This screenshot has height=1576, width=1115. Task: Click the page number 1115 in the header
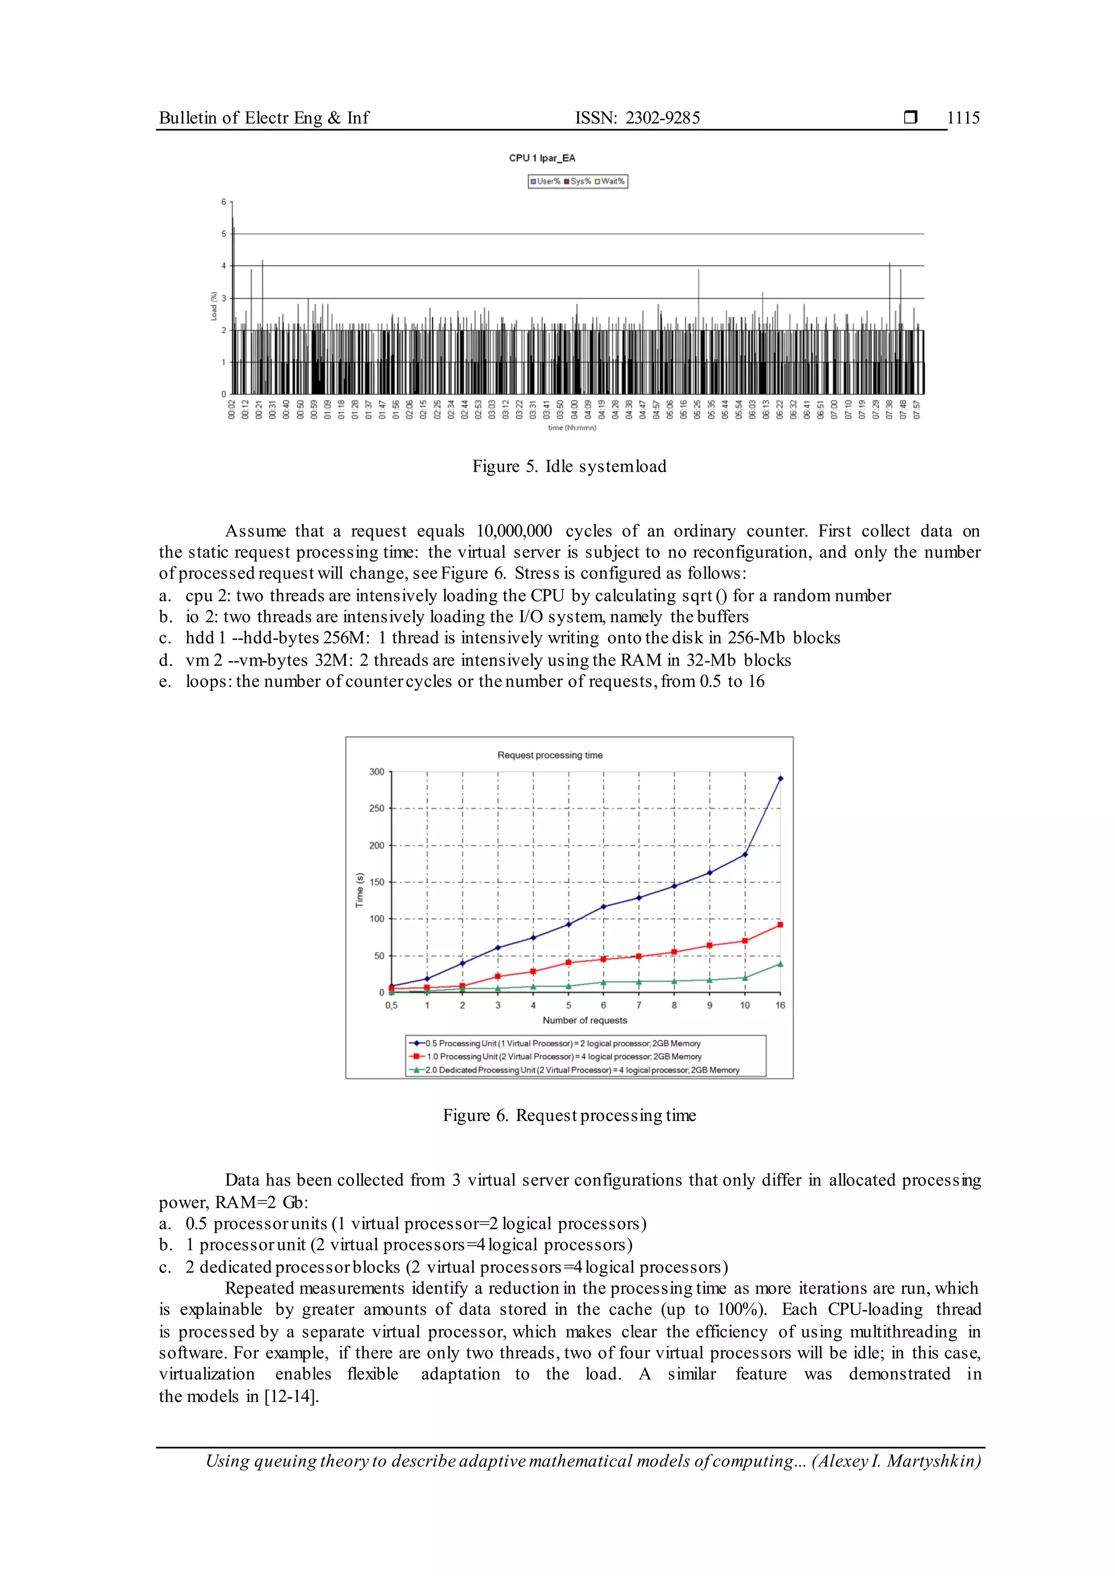963,118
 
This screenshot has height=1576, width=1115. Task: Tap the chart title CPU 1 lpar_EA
542,158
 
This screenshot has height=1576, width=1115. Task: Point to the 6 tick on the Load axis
223,202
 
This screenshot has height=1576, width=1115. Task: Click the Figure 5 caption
569,467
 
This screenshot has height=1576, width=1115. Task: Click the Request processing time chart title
550,755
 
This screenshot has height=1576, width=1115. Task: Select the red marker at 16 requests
780,925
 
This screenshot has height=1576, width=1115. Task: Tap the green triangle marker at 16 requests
780,964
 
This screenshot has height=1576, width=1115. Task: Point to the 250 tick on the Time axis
376,809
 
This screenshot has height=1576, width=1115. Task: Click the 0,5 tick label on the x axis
391,1006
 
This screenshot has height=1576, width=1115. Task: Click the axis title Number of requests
584,1021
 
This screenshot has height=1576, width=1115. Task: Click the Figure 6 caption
569,1116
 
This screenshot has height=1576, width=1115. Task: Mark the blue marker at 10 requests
745,854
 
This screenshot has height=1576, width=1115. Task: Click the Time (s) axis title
359,890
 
